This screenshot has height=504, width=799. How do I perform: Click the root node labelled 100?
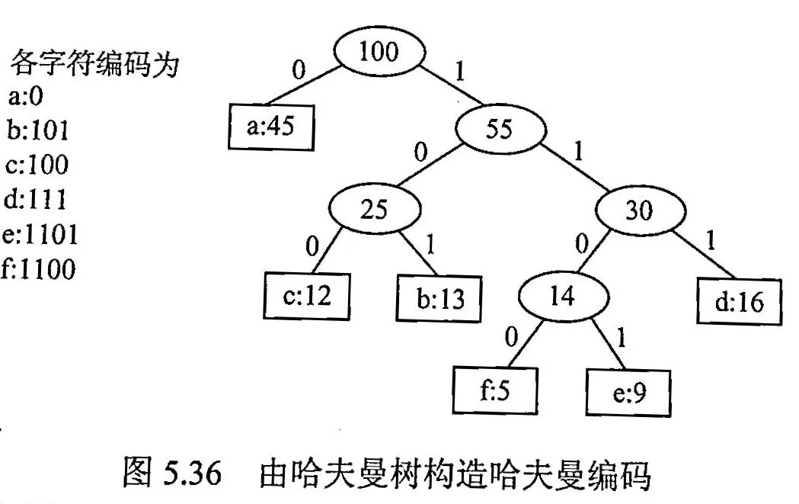pos(379,53)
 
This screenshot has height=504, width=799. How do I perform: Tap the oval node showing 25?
pos(374,210)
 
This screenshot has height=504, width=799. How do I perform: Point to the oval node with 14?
pos(564,296)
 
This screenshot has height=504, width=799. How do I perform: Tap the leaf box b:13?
pos(440,297)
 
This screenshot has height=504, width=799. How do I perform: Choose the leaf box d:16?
pos(740,303)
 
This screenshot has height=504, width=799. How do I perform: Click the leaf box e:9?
pos(628,394)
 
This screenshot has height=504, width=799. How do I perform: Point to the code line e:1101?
pos(41,235)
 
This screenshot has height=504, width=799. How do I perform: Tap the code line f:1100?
pos(40,269)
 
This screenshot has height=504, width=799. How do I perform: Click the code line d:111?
pos(36,200)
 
